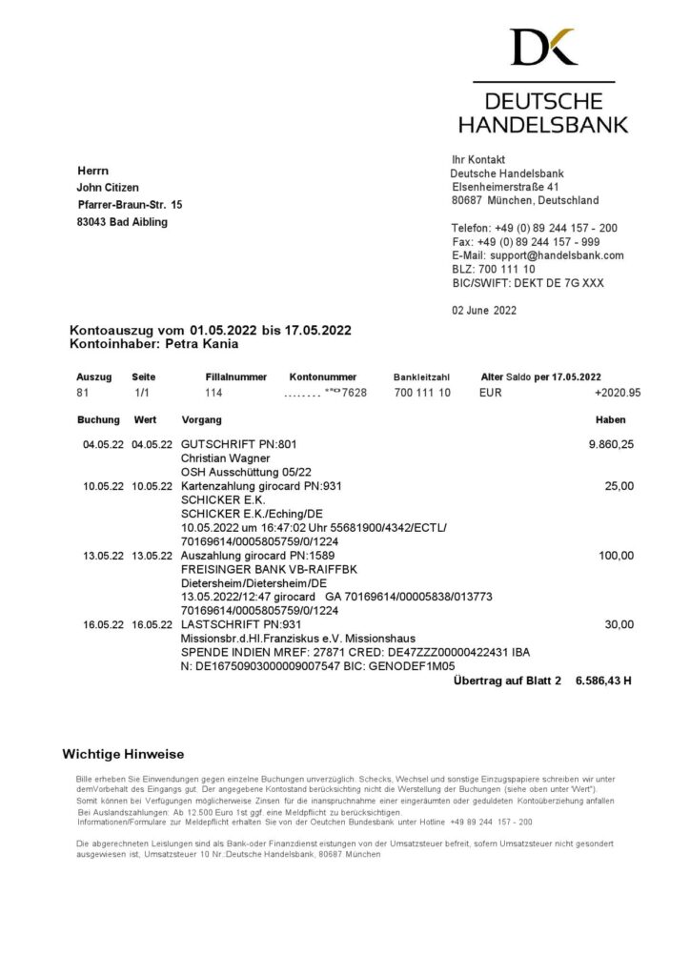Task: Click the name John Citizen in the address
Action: pyautogui.click(x=108, y=188)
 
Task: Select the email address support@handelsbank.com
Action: pyautogui.click(x=538, y=255)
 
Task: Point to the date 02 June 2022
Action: pyautogui.click(x=483, y=310)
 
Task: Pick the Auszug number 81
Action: pyautogui.click(x=83, y=392)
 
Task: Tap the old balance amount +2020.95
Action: pyautogui.click(x=617, y=392)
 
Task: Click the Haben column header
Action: pyautogui.click(x=611, y=419)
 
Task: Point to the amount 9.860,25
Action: pyautogui.click(x=611, y=444)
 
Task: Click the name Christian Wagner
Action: pyautogui.click(x=225, y=457)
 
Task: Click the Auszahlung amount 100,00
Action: pyautogui.click(x=616, y=556)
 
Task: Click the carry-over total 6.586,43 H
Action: pyautogui.click(x=602, y=681)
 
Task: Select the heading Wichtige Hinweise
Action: pyautogui.click(x=123, y=754)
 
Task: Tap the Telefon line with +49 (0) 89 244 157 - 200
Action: pyautogui.click(x=534, y=229)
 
